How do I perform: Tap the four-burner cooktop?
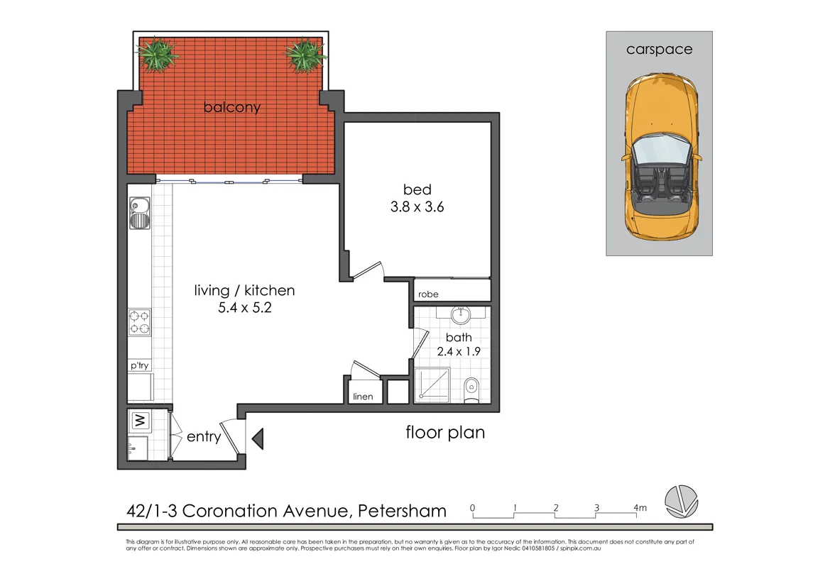[x=139, y=322]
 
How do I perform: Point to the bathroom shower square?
[x=433, y=386]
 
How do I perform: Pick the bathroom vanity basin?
[x=462, y=313]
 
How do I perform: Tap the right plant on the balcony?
[x=305, y=54]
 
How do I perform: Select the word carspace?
[x=659, y=50]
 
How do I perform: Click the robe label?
[x=428, y=294]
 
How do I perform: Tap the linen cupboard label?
[x=362, y=397]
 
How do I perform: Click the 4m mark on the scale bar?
[x=640, y=508]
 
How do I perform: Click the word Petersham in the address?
[x=402, y=511]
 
